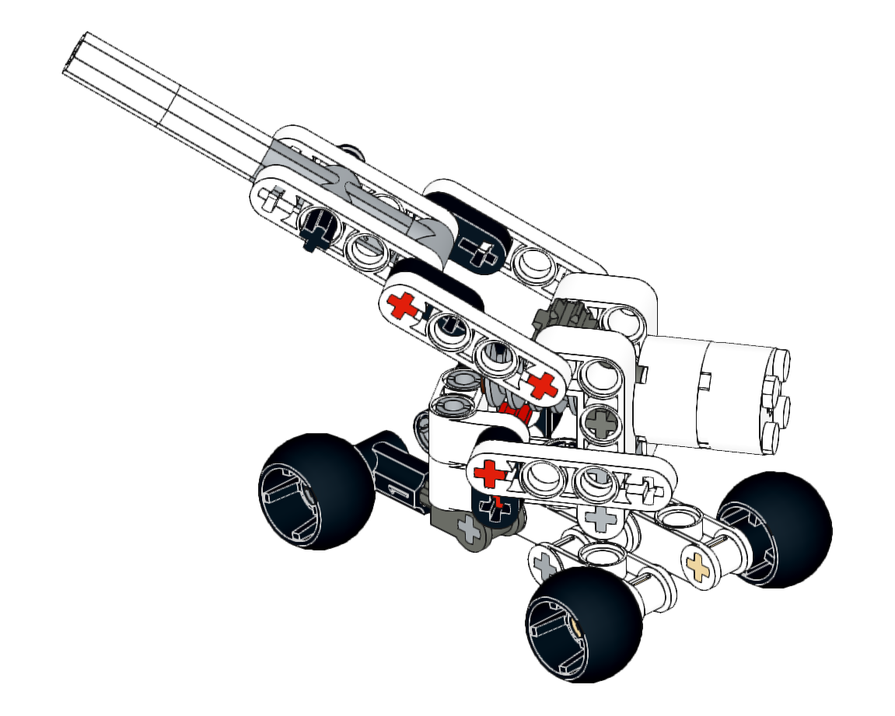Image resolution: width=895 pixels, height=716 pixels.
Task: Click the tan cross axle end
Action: pos(697,566)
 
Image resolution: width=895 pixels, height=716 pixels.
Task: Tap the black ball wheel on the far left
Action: pos(316,491)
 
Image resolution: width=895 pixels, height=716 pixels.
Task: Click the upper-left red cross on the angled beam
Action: pos(403,306)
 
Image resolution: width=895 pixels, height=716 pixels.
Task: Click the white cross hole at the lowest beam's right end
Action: pos(642,489)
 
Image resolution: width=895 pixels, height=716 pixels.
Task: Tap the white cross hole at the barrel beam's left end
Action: pos(272,201)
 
